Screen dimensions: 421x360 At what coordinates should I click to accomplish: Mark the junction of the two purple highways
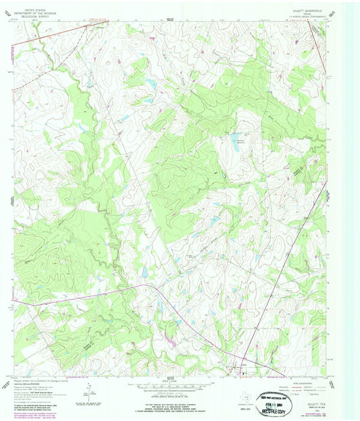[x=143, y=286]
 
